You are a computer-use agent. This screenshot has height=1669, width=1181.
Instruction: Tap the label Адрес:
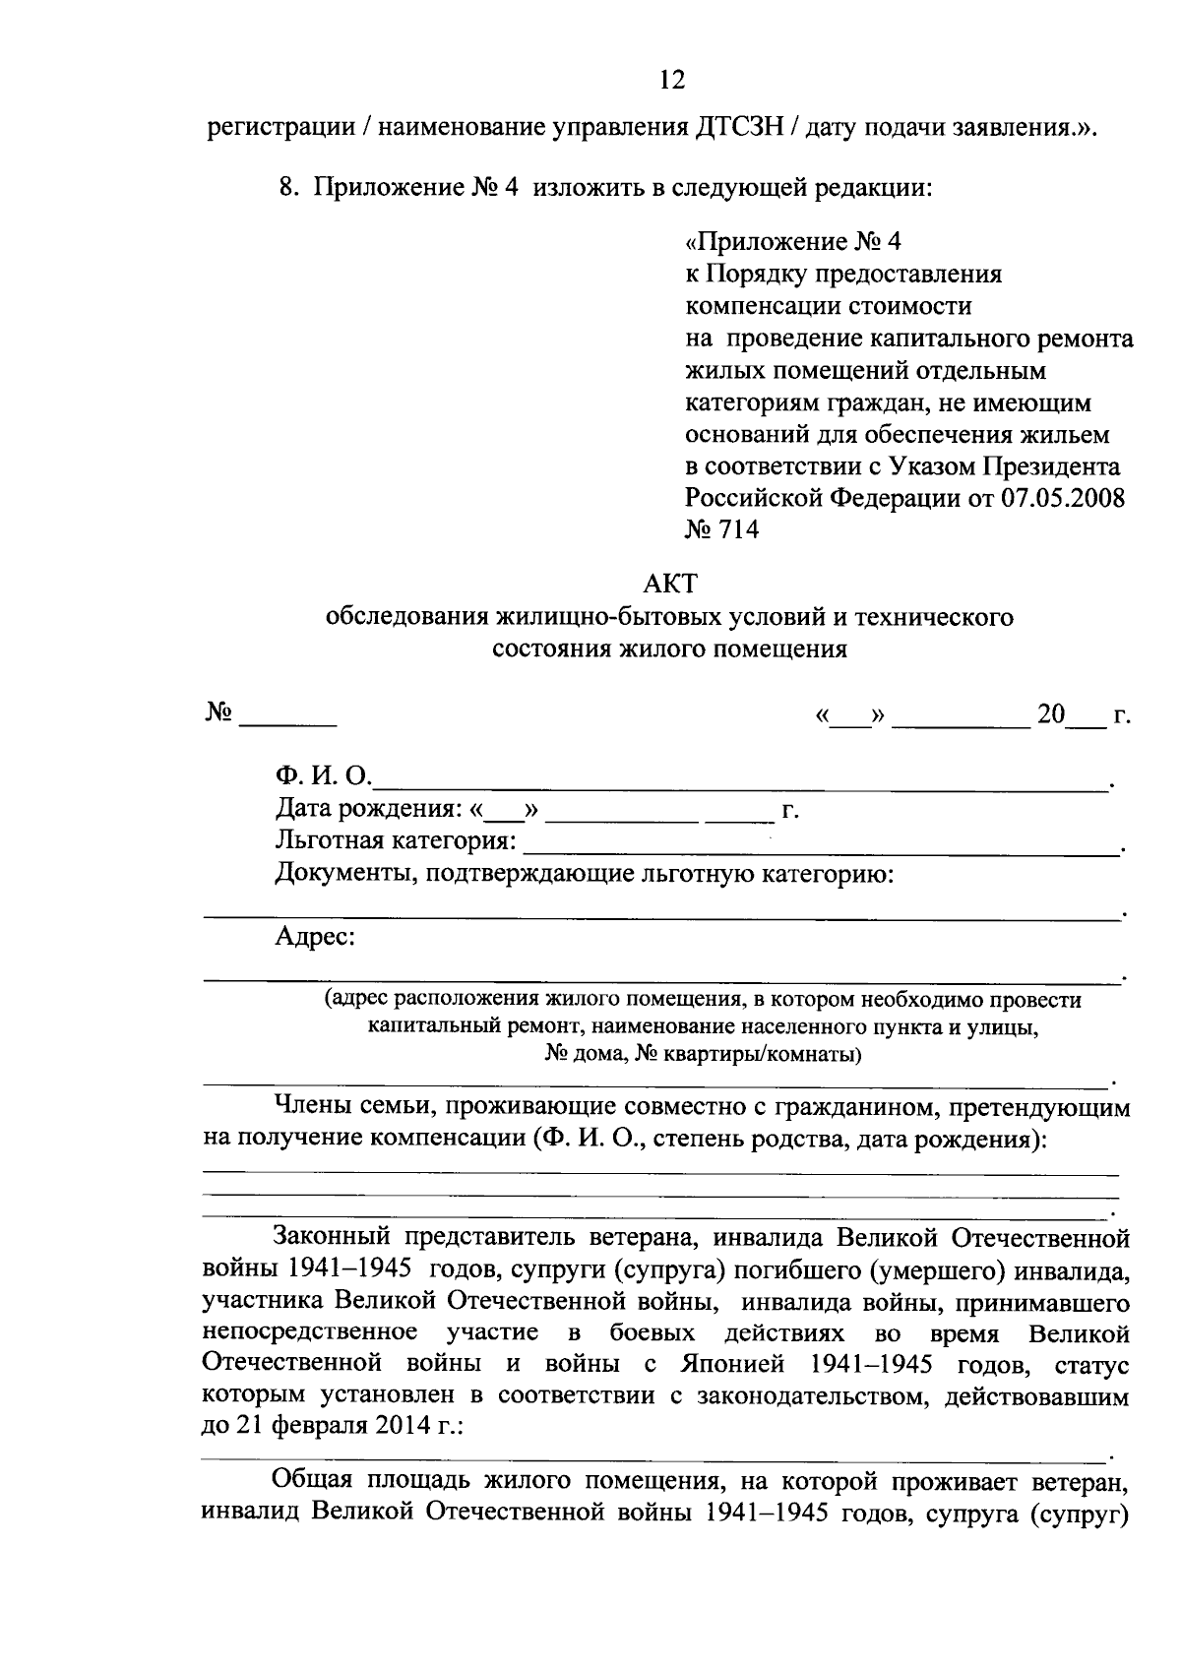315,937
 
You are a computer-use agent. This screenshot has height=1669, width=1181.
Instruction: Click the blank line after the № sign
288,723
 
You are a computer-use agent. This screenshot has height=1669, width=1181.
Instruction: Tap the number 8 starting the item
285,188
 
